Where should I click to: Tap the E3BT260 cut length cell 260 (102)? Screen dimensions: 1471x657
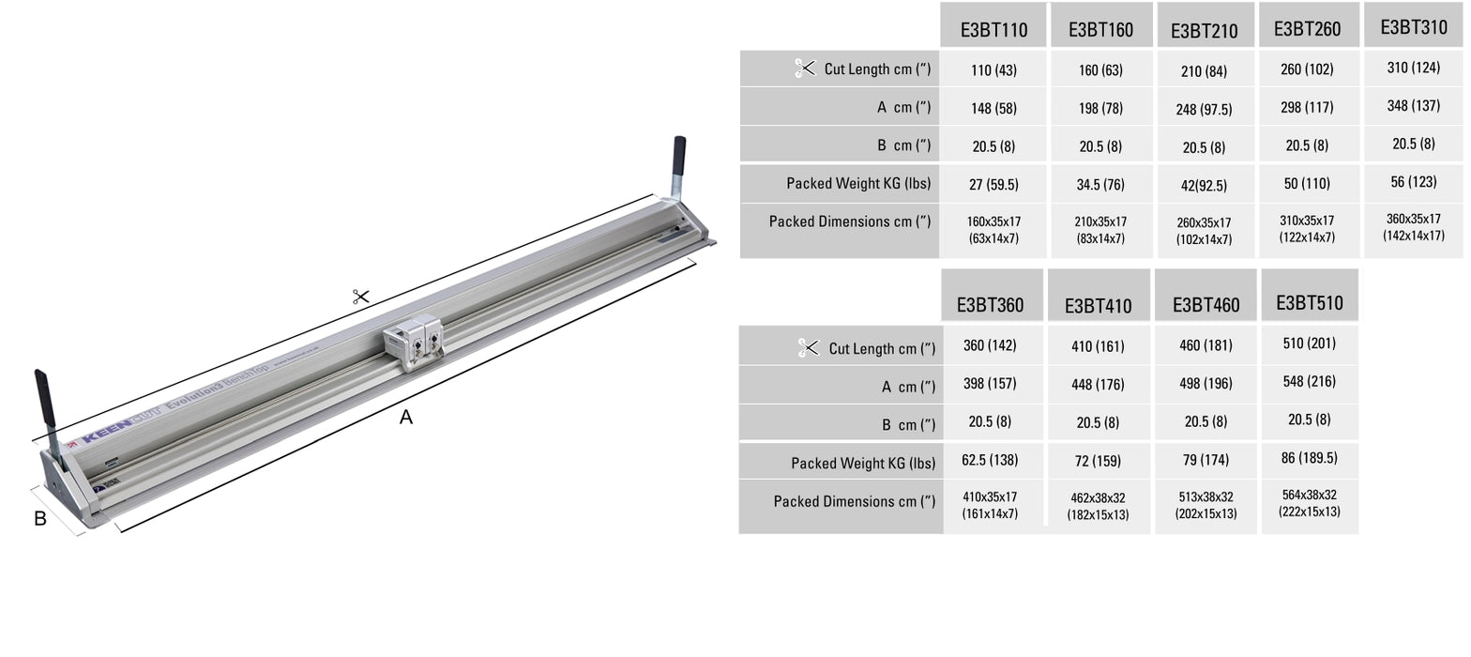(x=1307, y=69)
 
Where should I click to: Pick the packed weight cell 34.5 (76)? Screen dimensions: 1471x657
(x=1100, y=185)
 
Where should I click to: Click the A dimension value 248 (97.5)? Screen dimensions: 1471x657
(x=1205, y=109)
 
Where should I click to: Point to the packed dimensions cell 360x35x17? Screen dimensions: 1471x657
(x=1414, y=227)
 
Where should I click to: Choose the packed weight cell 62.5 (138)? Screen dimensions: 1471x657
(x=990, y=460)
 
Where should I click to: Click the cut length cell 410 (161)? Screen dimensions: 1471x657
(x=1098, y=346)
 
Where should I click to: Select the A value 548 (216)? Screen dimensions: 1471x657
(x=1310, y=382)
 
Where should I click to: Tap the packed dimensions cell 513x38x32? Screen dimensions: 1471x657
(x=1206, y=505)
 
